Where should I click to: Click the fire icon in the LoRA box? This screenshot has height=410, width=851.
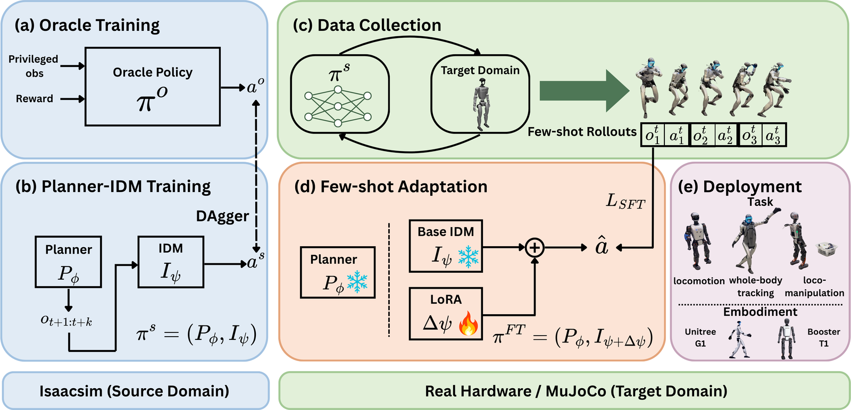pyautogui.click(x=469, y=323)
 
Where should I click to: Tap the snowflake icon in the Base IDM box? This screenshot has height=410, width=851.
pyautogui.click(x=468, y=257)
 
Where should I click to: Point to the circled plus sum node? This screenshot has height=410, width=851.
pyautogui.click(x=535, y=248)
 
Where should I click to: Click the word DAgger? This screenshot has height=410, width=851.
pyautogui.click(x=222, y=216)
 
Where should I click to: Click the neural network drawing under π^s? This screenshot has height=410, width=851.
pyautogui.click(x=338, y=106)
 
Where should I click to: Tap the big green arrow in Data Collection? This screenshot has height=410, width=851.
pyautogui.click(x=585, y=91)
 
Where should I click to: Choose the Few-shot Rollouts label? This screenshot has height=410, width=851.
pyautogui.click(x=582, y=132)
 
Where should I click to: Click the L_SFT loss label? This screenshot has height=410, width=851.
pyautogui.click(x=625, y=202)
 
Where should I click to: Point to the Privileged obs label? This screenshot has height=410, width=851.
pyautogui.click(x=34, y=66)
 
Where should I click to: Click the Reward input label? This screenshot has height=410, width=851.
pyautogui.click(x=34, y=99)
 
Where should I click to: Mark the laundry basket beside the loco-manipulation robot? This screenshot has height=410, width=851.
pyautogui.click(x=827, y=249)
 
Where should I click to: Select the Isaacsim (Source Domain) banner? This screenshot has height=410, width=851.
pyautogui.click(x=135, y=391)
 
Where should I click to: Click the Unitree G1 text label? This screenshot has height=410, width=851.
pyautogui.click(x=700, y=338)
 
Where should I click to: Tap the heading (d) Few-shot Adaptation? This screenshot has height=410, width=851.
pyautogui.click(x=390, y=187)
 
